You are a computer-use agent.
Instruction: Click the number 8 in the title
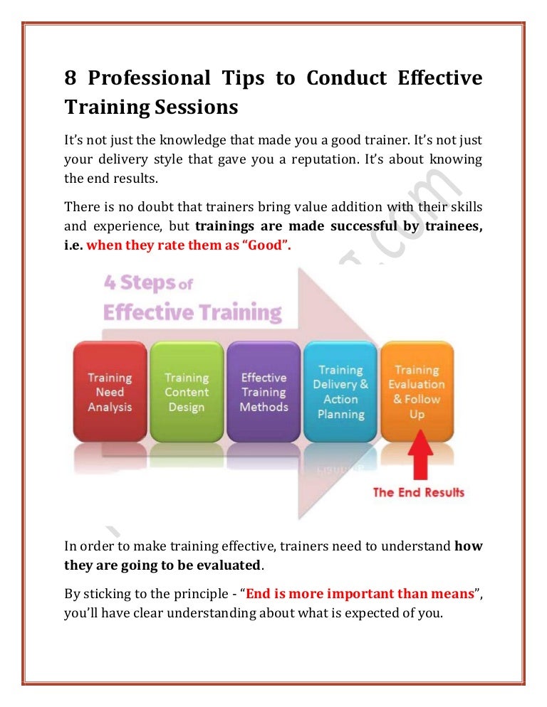point(71,78)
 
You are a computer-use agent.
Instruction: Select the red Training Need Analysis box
point(110,392)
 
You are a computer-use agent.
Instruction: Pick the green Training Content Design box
point(187,392)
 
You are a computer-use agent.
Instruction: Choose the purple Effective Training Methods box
point(264,392)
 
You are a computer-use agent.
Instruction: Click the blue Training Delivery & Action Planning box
point(340,392)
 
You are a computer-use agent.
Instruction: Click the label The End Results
point(418,492)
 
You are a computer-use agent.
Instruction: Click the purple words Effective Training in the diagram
point(192,312)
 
